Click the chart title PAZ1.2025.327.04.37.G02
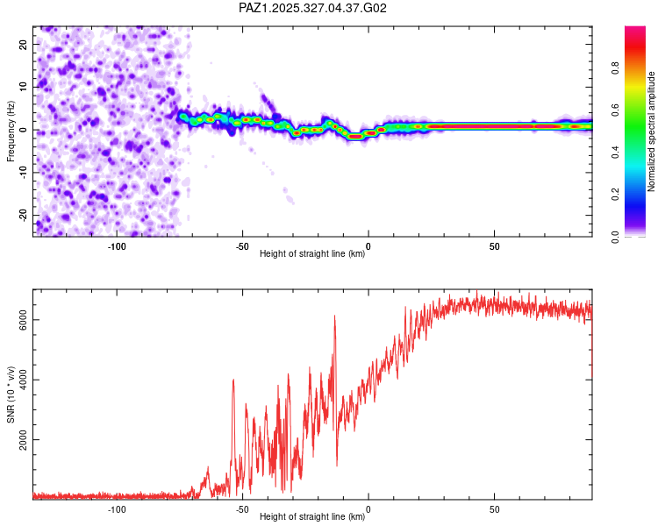(x=313, y=8)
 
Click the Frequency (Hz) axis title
(x=11, y=131)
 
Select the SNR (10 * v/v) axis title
(x=11, y=394)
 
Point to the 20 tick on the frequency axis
(x=24, y=44)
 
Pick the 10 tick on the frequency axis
(x=24, y=87)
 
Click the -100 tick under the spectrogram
(x=117, y=246)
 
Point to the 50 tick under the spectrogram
(x=495, y=246)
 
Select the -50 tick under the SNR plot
(x=242, y=508)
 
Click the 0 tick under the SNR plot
(x=368, y=508)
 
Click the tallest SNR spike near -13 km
(x=334, y=316)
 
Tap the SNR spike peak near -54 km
(x=233, y=380)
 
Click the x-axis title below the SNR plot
(x=312, y=517)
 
